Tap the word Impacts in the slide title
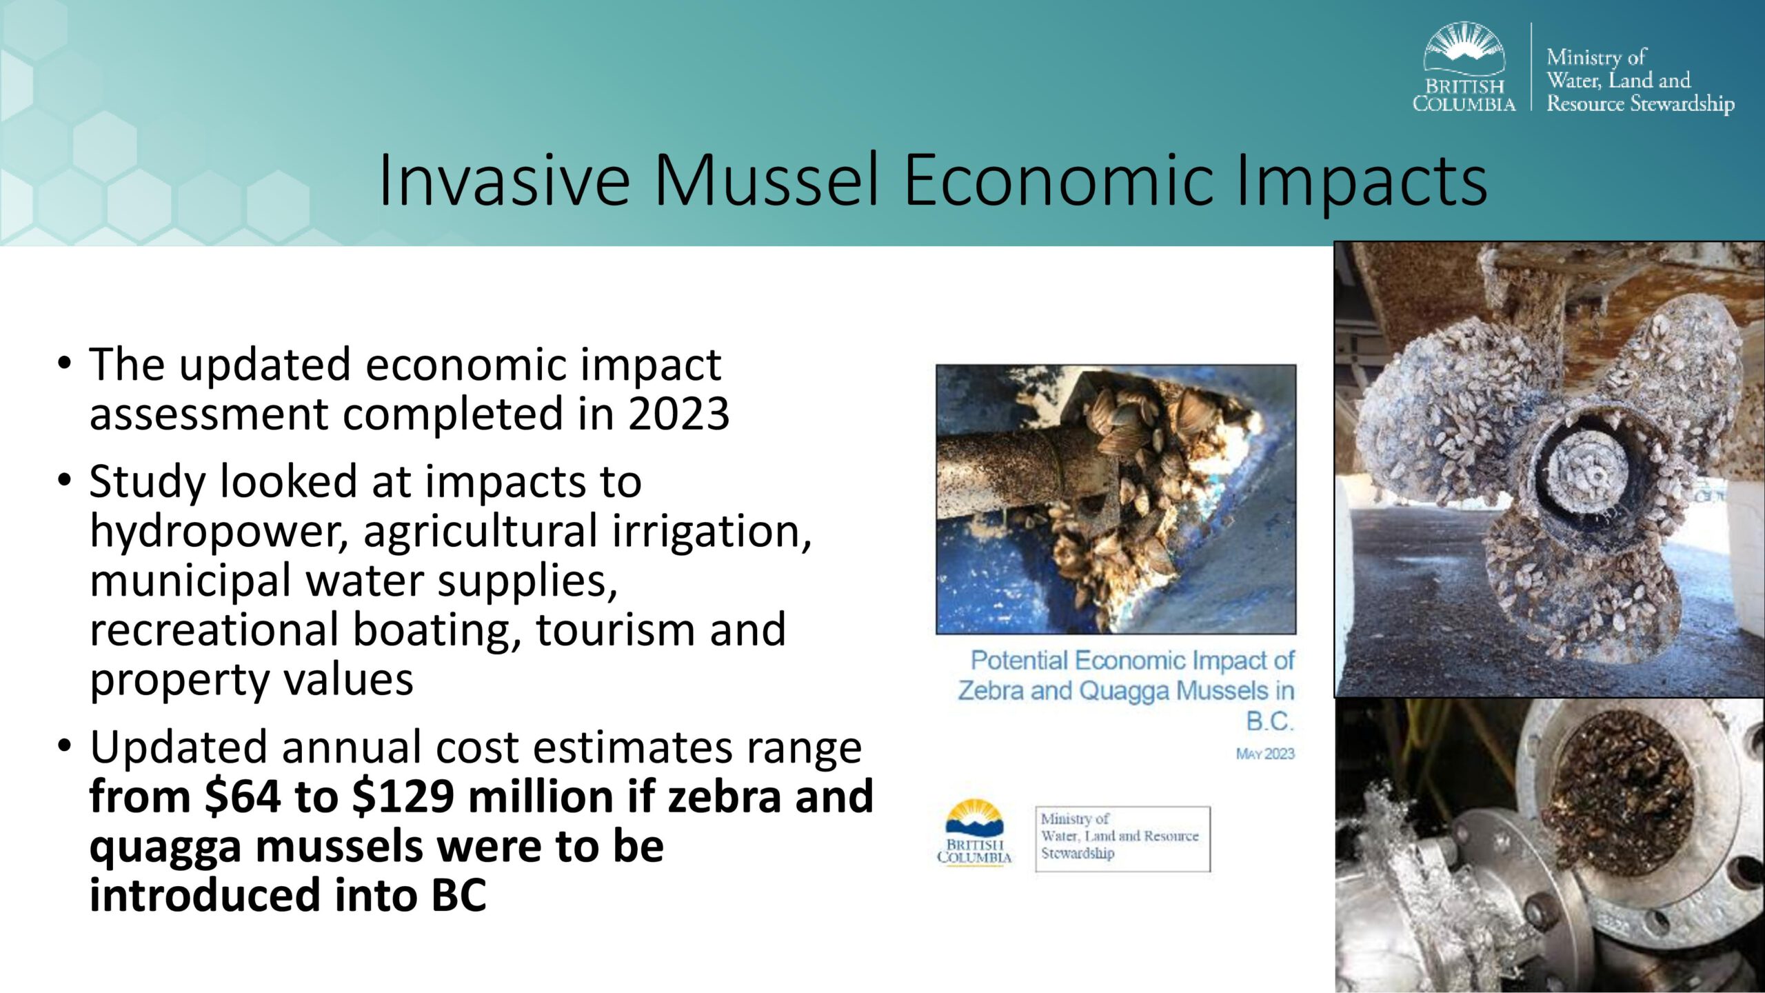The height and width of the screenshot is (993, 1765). [x=1362, y=181]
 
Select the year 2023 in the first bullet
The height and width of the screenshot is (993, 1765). [x=678, y=414]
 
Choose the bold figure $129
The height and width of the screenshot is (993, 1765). [x=403, y=797]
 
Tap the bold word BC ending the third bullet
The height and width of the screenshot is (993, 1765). [x=459, y=895]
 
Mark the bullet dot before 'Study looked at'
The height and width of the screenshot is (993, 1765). [x=65, y=480]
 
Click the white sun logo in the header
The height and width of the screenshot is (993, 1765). [x=1464, y=48]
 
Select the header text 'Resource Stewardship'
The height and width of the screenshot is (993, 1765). [x=1640, y=103]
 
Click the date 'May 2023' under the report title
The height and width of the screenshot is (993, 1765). [x=1265, y=754]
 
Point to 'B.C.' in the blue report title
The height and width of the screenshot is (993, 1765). [x=1270, y=721]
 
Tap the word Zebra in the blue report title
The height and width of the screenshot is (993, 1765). [x=991, y=690]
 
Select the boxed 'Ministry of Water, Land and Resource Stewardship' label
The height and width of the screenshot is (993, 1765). [x=1122, y=839]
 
